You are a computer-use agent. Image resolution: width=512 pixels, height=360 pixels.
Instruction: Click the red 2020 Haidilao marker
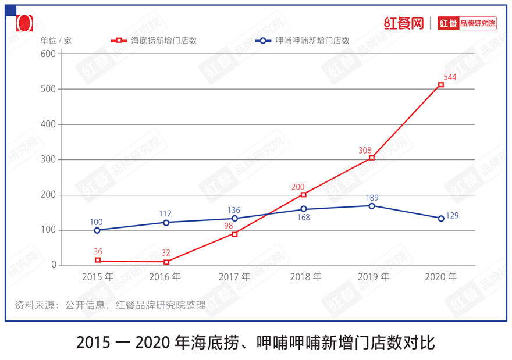click(x=441, y=85)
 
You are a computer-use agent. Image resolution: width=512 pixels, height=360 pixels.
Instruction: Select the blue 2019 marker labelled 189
click(x=372, y=206)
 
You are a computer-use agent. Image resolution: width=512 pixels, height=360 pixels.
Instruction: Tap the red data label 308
click(x=365, y=151)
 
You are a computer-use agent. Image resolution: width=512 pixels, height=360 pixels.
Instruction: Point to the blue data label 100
click(x=97, y=222)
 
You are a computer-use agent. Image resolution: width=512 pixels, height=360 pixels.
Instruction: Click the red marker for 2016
click(x=166, y=262)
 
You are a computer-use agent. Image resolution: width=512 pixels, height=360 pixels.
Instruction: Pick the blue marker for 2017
click(x=234, y=219)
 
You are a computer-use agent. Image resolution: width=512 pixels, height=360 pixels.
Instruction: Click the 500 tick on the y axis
click(x=48, y=89)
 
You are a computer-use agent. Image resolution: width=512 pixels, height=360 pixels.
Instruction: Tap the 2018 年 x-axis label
click(x=305, y=277)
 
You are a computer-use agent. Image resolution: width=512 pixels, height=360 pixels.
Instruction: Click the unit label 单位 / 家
click(x=56, y=41)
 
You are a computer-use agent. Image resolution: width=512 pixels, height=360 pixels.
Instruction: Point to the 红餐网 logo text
click(x=403, y=23)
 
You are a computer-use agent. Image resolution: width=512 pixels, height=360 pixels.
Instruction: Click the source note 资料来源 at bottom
click(x=110, y=305)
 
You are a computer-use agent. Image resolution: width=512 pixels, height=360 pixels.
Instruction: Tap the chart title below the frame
click(x=255, y=342)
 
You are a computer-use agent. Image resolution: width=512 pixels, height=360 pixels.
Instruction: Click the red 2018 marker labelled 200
click(x=303, y=195)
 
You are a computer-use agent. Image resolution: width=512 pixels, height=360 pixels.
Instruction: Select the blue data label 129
click(x=452, y=216)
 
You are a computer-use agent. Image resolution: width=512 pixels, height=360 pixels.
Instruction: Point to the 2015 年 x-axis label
click(x=98, y=277)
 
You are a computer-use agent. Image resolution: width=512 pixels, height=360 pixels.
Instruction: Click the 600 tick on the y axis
click(x=48, y=54)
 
